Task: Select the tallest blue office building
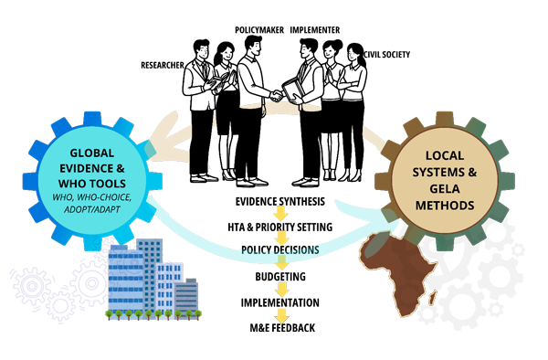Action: (x=148, y=274)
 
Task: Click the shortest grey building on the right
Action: (x=187, y=297)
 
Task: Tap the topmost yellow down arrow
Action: (x=281, y=215)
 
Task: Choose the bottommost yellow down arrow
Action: (x=281, y=317)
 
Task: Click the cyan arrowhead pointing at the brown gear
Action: (x=388, y=219)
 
